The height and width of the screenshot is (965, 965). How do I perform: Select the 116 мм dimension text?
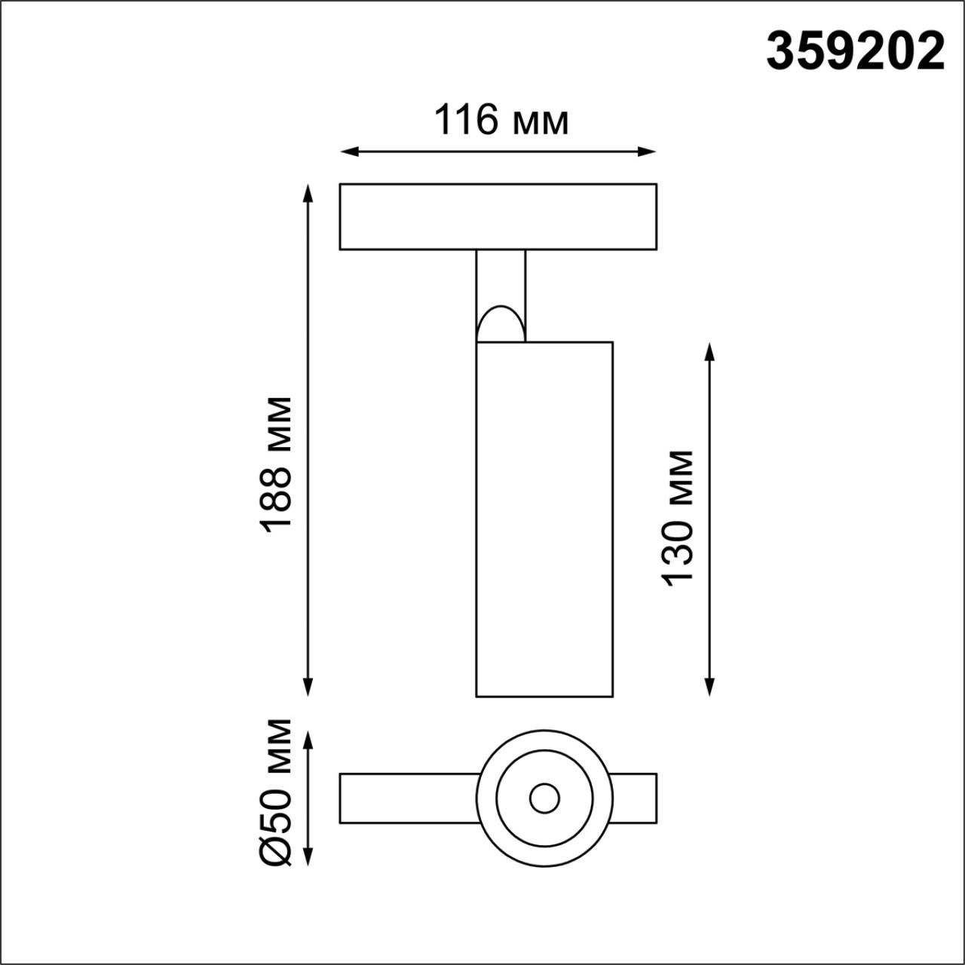[501, 120]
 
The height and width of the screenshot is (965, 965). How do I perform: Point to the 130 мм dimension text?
[678, 517]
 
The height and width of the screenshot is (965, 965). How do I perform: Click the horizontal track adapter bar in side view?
[498, 216]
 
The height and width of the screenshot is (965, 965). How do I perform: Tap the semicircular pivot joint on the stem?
[500, 324]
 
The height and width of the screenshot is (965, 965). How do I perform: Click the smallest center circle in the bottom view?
[544, 798]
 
